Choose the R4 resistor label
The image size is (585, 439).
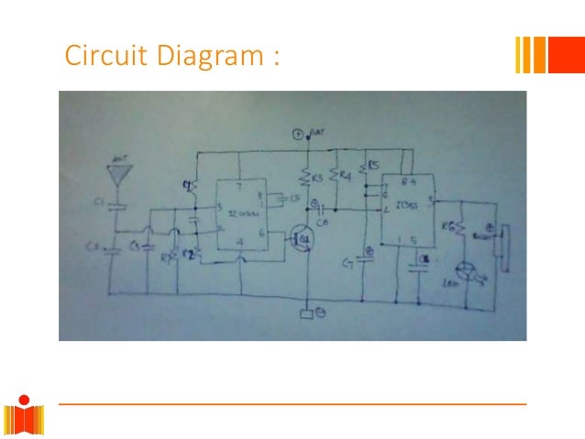coord(346,171)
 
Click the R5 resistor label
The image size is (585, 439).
coord(375,168)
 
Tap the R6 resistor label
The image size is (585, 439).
coord(449,226)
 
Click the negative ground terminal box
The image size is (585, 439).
coord(307,316)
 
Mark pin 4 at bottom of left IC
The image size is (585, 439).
coord(240,242)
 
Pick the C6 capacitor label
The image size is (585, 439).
coord(323,221)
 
